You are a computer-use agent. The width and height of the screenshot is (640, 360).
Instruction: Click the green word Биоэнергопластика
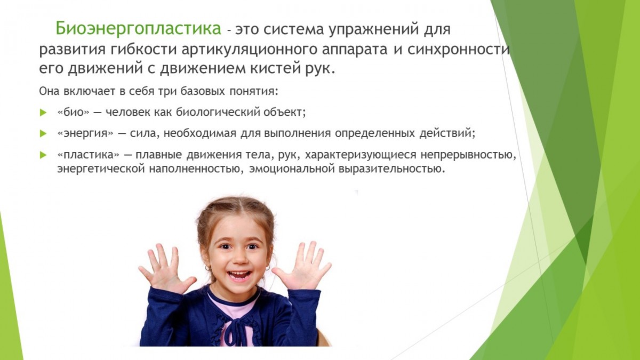click(138, 29)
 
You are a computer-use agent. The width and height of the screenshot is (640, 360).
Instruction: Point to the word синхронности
click(458, 49)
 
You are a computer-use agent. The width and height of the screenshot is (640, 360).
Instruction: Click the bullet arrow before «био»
click(43, 113)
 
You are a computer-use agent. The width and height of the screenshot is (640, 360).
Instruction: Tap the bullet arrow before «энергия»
click(43, 133)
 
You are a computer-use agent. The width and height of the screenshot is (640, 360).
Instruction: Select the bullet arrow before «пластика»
click(43, 155)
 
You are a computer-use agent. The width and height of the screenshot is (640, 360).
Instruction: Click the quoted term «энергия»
click(85, 133)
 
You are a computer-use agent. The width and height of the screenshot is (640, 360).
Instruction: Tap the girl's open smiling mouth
click(239, 275)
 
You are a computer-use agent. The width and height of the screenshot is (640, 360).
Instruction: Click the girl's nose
click(239, 259)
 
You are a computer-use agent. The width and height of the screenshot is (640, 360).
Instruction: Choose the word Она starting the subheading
click(49, 91)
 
